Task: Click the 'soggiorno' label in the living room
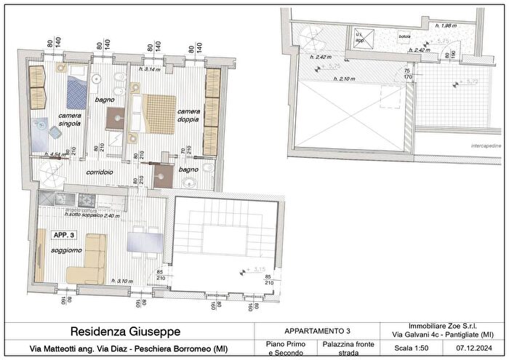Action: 66,251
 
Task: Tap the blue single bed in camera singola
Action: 76,93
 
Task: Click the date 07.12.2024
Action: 476,348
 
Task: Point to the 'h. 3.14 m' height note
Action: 151,70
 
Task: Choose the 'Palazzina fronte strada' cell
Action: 345,348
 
